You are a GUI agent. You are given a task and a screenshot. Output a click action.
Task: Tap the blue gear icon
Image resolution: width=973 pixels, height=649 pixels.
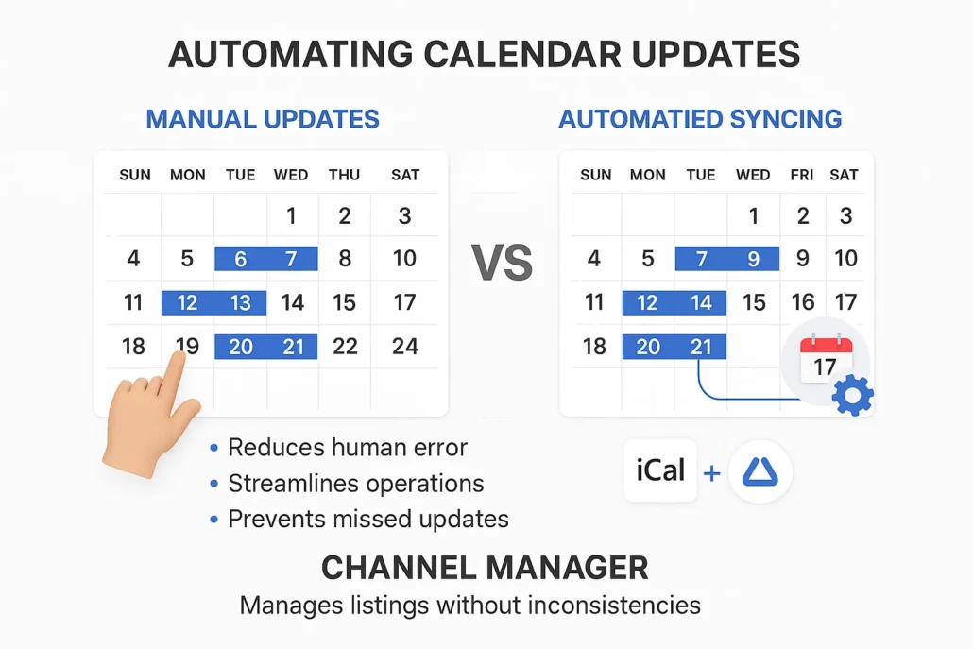pyautogui.click(x=852, y=396)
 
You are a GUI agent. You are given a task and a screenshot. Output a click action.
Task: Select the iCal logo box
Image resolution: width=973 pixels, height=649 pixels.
pyautogui.click(x=660, y=470)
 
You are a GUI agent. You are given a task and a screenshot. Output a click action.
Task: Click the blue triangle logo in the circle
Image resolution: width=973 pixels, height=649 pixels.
pyautogui.click(x=760, y=470)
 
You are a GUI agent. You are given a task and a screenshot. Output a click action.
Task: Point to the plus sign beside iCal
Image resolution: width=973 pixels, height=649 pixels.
pyautogui.click(x=711, y=470)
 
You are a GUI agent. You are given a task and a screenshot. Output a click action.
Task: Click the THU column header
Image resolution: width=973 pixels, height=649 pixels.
pyautogui.click(x=344, y=175)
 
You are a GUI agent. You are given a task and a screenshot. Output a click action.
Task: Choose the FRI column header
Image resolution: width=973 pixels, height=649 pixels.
pyautogui.click(x=802, y=175)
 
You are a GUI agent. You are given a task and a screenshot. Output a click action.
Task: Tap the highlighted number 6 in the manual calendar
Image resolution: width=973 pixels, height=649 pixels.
pyautogui.click(x=240, y=259)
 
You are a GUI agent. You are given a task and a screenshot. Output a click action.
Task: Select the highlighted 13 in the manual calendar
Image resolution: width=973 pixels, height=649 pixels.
pyautogui.click(x=240, y=302)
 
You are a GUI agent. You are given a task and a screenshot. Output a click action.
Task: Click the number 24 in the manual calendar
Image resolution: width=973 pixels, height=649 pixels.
pyautogui.click(x=404, y=347)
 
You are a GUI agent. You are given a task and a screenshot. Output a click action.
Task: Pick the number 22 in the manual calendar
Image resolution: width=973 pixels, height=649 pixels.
pyautogui.click(x=345, y=347)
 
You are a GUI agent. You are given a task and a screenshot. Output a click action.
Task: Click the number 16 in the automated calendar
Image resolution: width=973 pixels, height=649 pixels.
pyautogui.click(x=803, y=302)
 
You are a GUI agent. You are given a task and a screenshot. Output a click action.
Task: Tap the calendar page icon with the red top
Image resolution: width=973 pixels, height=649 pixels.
pyautogui.click(x=825, y=360)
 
